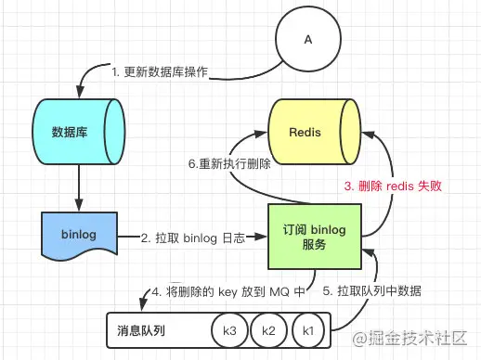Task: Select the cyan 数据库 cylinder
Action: (x=79, y=131)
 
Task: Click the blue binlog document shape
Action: (x=79, y=236)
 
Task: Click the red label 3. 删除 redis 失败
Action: (x=394, y=186)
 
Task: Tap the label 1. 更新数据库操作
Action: (x=160, y=71)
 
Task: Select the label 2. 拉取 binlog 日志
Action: (x=193, y=238)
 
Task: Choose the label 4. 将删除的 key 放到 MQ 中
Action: (x=227, y=290)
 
